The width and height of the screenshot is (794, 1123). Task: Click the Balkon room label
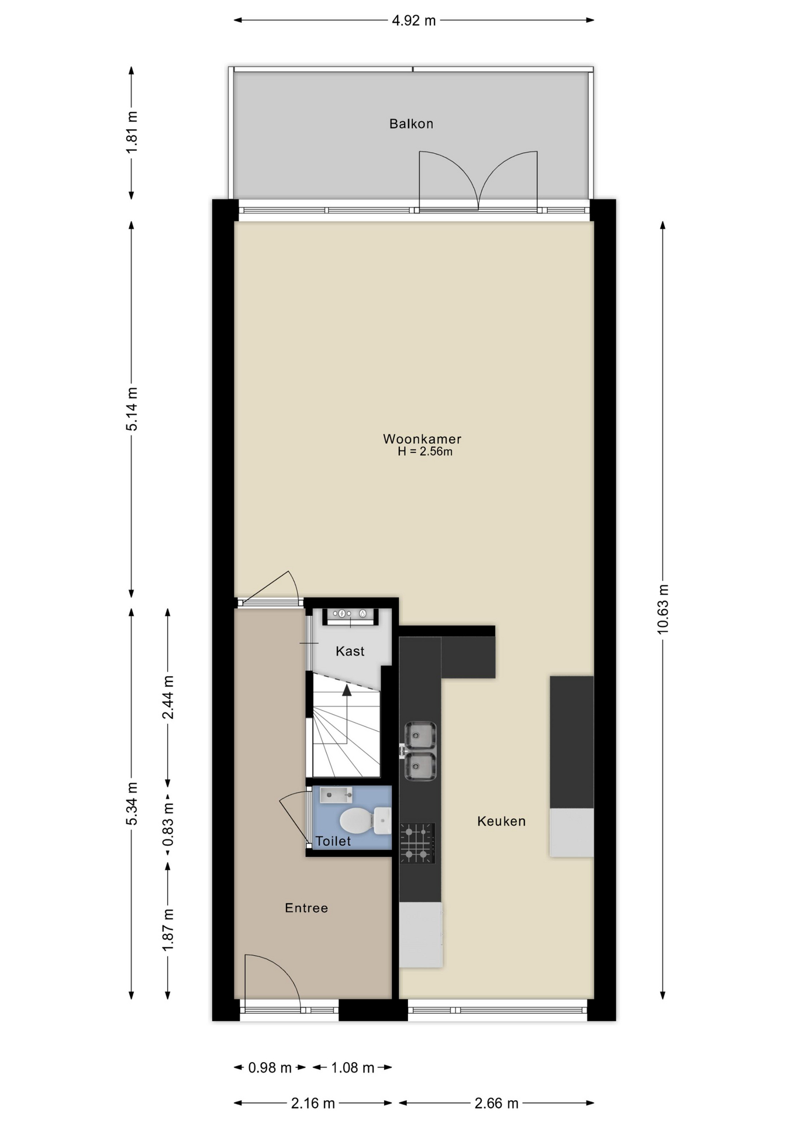click(x=411, y=123)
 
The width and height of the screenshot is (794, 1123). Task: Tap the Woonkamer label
click(x=422, y=439)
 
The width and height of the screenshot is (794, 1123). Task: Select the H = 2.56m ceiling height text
click(x=425, y=452)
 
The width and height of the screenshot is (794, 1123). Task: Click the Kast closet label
click(x=350, y=651)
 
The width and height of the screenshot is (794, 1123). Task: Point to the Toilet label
click(x=333, y=841)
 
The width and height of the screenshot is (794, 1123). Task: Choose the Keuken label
click(x=501, y=821)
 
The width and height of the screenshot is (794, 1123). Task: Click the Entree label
click(x=306, y=908)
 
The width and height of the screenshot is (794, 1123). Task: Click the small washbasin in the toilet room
click(x=336, y=795)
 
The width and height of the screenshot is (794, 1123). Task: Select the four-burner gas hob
click(x=417, y=843)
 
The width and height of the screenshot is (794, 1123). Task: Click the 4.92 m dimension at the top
click(x=414, y=20)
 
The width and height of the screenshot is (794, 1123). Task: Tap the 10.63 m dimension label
click(x=662, y=609)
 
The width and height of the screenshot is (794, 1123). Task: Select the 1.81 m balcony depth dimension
click(x=132, y=132)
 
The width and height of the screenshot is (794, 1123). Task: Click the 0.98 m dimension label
click(x=270, y=1067)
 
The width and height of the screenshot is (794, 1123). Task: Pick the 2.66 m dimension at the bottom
click(x=496, y=1103)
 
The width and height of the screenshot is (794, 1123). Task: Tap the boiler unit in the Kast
click(x=350, y=614)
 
